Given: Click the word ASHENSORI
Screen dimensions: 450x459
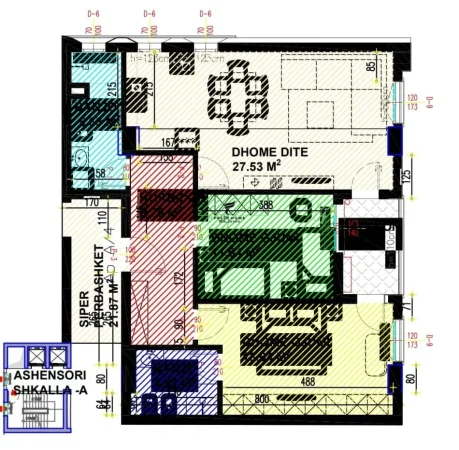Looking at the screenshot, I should click(43, 376).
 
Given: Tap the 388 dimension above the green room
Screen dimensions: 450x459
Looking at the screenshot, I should click(266, 205).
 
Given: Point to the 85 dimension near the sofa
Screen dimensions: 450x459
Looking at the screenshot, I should click(370, 68).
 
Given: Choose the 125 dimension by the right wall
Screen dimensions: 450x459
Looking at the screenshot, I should click(406, 178).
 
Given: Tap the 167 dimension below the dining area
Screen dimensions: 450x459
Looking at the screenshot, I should click(169, 143).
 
